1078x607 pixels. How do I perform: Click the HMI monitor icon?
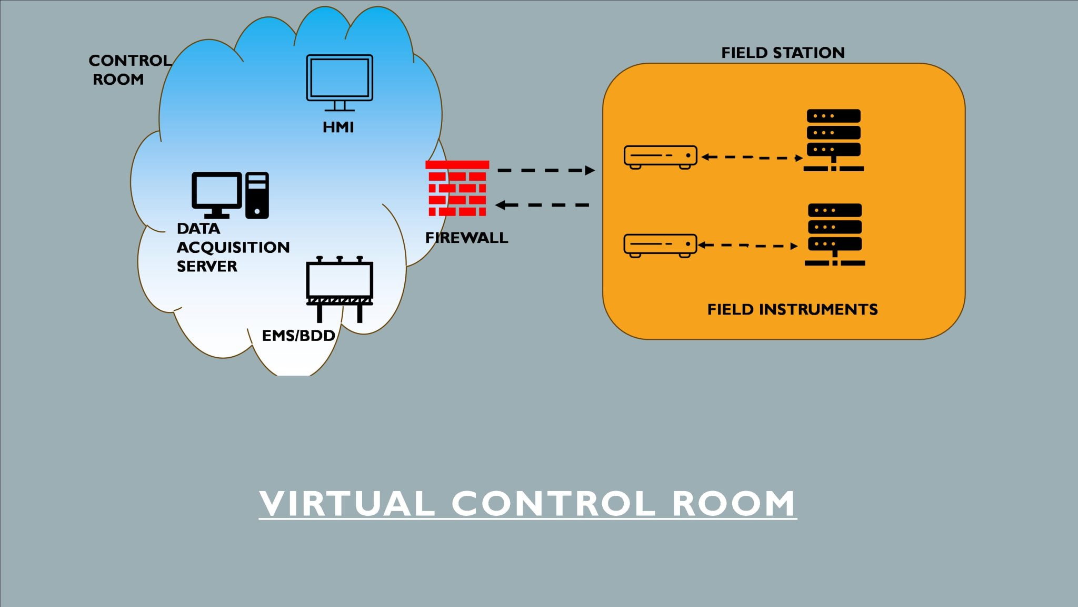coord(340,79)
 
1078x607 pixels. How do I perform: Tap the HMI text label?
coord(338,128)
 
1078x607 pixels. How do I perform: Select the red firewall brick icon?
coord(457,189)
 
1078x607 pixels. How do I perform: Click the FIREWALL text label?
coord(466,238)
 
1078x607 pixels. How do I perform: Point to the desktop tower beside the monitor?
coord(257,195)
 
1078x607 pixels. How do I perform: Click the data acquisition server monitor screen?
coord(217,191)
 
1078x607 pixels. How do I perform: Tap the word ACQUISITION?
coord(233,248)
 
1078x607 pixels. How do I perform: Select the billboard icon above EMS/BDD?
coord(340,285)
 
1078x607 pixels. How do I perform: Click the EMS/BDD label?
coord(298,336)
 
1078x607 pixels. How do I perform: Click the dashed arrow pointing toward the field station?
coord(546,170)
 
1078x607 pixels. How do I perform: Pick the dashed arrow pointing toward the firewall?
coord(542,205)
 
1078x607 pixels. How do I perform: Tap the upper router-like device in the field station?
coord(660,156)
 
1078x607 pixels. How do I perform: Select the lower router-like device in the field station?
coord(660,245)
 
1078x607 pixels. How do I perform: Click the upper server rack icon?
coord(834,140)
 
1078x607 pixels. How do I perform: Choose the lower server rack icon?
coord(835,234)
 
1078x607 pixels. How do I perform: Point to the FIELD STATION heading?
coord(783,53)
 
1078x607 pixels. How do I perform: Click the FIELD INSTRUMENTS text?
coord(792,309)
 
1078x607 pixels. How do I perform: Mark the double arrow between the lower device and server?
coord(748,245)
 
